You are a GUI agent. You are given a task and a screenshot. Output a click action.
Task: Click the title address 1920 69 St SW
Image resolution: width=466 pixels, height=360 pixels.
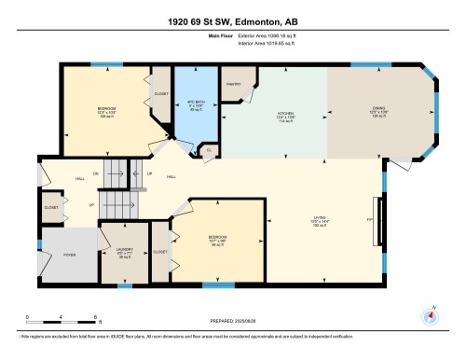point(232,21)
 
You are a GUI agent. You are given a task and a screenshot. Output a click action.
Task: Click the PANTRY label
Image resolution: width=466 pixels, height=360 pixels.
point(233,84)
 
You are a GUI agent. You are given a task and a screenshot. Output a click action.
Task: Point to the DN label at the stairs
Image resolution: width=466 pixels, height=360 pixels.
point(93,173)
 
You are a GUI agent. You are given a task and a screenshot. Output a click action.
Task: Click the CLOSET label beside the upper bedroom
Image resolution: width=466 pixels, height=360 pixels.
point(161,93)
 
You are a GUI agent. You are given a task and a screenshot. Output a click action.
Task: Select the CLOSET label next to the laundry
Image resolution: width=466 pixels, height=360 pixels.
point(159,252)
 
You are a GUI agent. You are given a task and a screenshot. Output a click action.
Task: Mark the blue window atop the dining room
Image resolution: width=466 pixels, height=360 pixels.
point(363,64)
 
